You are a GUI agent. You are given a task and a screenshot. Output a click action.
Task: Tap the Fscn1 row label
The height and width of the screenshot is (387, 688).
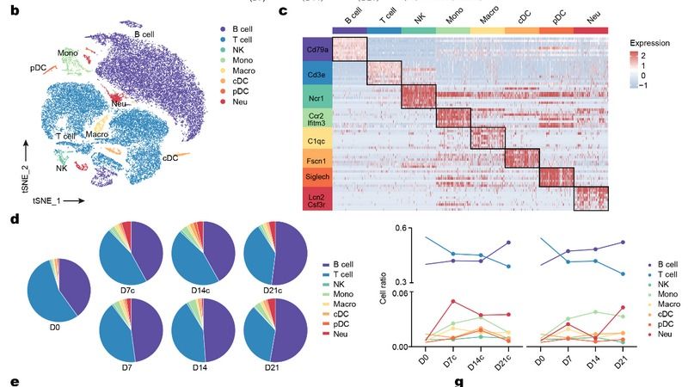click(316, 159)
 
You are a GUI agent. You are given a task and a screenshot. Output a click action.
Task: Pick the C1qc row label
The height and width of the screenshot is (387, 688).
click(316, 139)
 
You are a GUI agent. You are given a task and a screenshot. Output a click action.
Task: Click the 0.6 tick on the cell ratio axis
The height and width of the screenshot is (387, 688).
click(397, 228)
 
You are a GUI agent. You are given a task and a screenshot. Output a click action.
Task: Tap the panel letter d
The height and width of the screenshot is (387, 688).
click(15, 219)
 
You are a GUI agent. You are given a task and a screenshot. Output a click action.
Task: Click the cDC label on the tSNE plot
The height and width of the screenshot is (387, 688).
click(170, 157)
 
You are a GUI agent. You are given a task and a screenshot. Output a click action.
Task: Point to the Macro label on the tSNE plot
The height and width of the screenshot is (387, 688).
click(95, 134)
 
